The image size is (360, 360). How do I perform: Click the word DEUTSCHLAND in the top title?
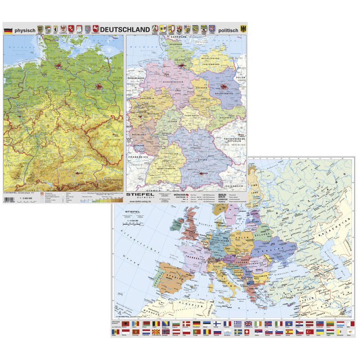pyautogui.click(x=125, y=29)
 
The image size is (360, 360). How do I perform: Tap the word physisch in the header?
pyautogui.click(x=25, y=30)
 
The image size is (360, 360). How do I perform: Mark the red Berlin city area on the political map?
pyautogui.click(x=224, y=85)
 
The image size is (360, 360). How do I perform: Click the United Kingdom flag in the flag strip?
pyautogui.click(x=248, y=324)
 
